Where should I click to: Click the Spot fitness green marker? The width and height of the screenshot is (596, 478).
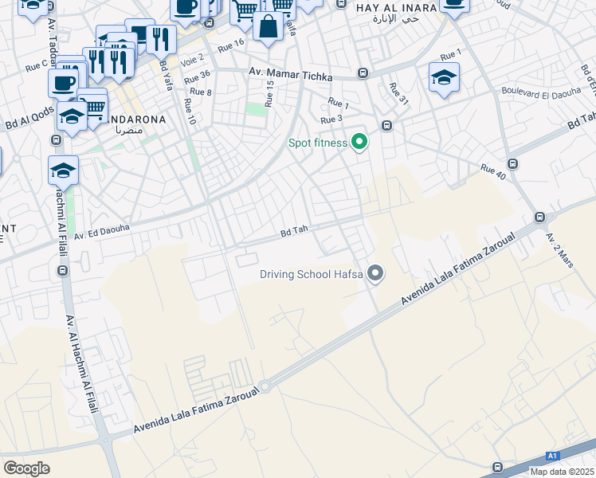pos(359,143)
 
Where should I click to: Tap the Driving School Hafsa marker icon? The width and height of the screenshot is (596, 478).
pos(376,275)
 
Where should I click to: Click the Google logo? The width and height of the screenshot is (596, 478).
pos(27,468)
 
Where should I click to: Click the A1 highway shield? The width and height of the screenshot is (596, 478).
pos(552,456)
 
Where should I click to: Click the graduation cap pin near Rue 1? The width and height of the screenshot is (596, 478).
pos(444,78)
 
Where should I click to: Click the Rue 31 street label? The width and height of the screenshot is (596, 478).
pos(398,94)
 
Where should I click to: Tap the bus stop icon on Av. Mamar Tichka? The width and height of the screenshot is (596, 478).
pos(363,73)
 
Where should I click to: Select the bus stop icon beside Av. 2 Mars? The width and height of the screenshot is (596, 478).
pos(540,217)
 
